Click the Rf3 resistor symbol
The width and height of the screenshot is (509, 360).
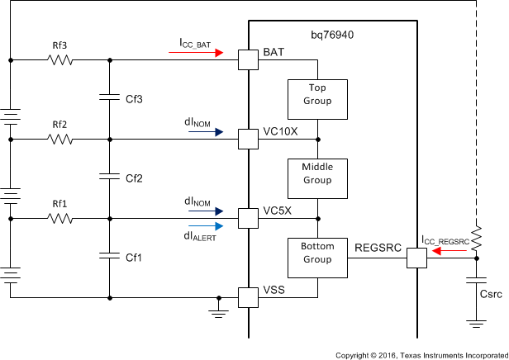(x=59, y=60)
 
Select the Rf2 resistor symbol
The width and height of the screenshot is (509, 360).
(x=59, y=140)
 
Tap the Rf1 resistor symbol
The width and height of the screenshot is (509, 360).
(x=59, y=219)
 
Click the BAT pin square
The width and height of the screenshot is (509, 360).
(x=248, y=60)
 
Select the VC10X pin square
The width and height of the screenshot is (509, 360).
(x=248, y=140)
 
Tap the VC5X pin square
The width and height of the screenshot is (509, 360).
(x=248, y=219)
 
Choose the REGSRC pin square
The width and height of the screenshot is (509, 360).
(x=416, y=258)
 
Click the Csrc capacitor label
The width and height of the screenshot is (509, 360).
(x=493, y=292)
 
